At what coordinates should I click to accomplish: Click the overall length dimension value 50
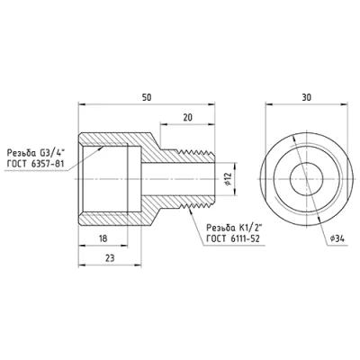pos(147,98)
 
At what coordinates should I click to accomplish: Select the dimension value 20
pos(187,117)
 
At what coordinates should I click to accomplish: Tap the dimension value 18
pos(103,238)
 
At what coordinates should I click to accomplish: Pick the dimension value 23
pos(110,258)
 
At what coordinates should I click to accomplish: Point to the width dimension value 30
pos(307,97)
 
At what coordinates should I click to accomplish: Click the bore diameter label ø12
pos(228,179)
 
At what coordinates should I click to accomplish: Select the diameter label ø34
pos(337,238)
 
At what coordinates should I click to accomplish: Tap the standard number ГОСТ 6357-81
pos(35,164)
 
